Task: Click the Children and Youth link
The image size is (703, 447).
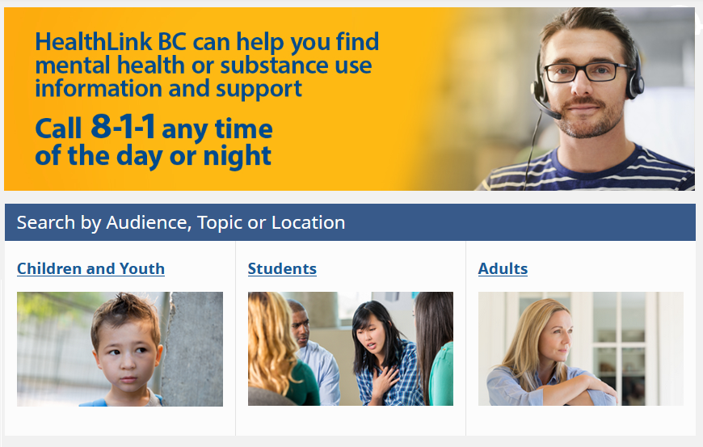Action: click(91, 268)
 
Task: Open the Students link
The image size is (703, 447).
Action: click(282, 268)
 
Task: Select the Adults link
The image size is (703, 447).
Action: click(503, 268)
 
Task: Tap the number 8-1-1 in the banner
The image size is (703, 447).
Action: click(123, 126)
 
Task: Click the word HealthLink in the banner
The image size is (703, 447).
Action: click(93, 42)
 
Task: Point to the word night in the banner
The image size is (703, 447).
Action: click(238, 157)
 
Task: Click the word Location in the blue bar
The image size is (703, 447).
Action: click(308, 222)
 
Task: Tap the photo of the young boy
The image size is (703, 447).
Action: click(120, 349)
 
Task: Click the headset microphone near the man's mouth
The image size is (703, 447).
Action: click(549, 112)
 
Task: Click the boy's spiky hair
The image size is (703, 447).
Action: click(124, 310)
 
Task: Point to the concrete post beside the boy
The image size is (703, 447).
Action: click(193, 349)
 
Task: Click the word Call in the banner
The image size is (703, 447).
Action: click(58, 129)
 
